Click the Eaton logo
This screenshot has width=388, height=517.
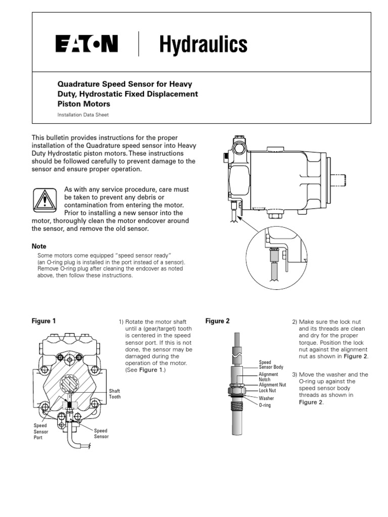pos(87,44)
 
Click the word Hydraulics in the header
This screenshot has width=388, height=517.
pos(204,45)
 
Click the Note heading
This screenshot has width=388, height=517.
pos(39,246)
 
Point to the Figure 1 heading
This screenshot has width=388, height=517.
pos(44,321)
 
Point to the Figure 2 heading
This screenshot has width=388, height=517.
pos(218,321)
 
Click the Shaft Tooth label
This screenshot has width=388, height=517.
pos(115,394)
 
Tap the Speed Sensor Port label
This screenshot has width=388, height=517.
pos(41,432)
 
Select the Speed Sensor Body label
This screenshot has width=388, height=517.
pos(271,365)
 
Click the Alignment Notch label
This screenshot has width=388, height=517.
pos(268,377)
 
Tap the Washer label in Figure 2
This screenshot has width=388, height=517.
pos(266,398)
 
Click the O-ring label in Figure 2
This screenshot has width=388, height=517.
pos(266,405)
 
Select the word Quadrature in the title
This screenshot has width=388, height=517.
pos(80,83)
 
